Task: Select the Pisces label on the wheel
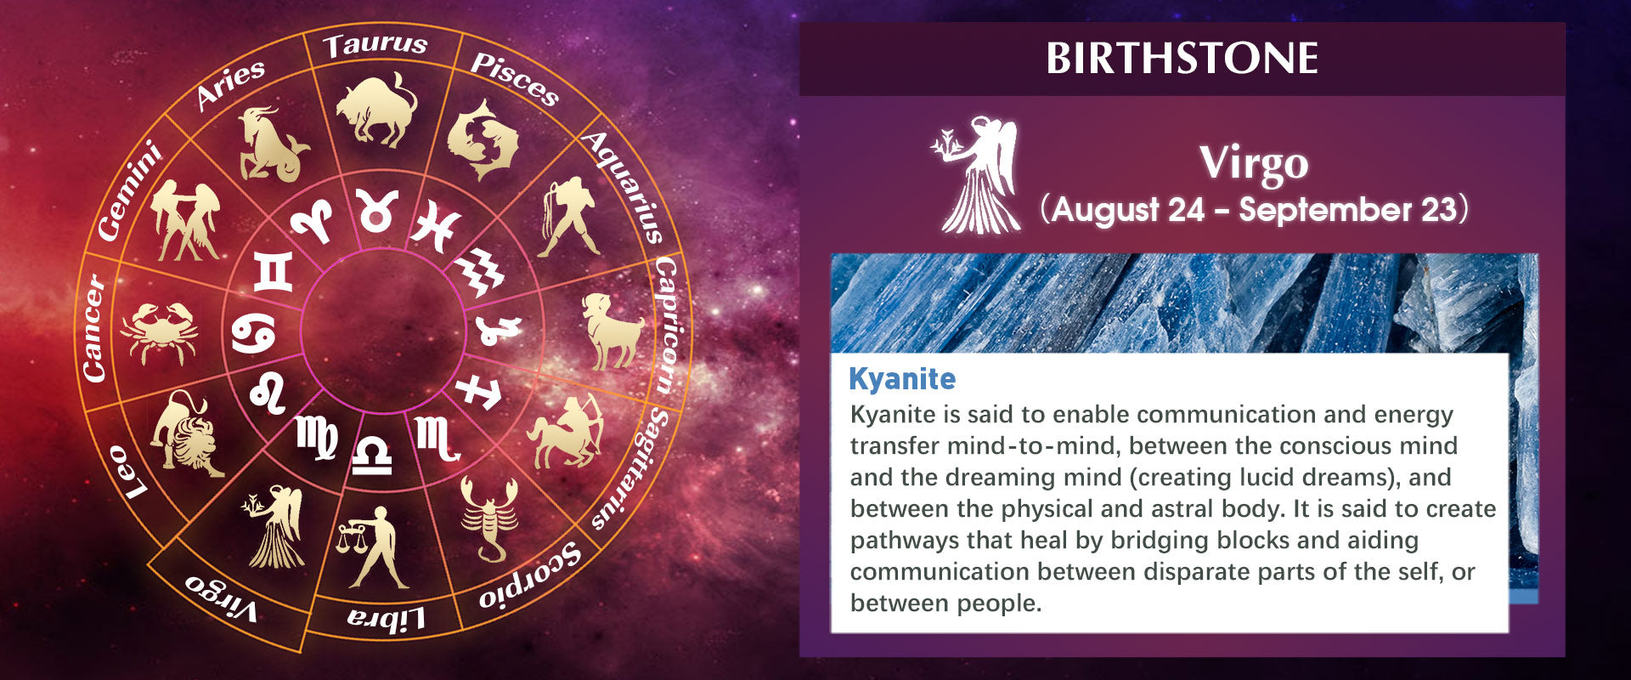(x=515, y=79)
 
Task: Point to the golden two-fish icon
(x=482, y=139)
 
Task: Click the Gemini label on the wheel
(x=128, y=191)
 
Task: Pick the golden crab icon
(x=160, y=332)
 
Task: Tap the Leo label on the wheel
(x=127, y=473)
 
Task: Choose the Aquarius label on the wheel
(x=624, y=188)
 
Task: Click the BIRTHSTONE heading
(x=1182, y=59)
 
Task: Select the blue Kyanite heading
(x=902, y=378)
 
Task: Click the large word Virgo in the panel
(x=1254, y=163)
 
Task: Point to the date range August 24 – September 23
(x=1254, y=210)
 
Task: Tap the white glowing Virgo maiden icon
(x=977, y=175)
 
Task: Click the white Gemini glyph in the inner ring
(x=273, y=272)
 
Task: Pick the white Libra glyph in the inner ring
(x=372, y=456)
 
